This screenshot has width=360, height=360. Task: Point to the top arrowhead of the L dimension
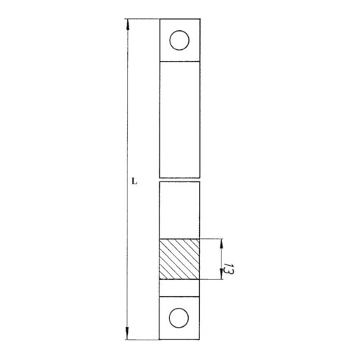click(x=128, y=24)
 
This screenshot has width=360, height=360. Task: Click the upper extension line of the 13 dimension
click(x=212, y=238)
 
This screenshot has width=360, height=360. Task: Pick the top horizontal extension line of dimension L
click(x=143, y=18)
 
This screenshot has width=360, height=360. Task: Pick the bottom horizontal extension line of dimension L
click(x=143, y=339)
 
